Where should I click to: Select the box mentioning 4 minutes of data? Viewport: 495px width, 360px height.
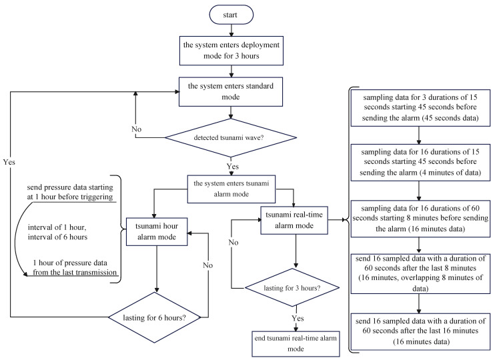(x=418, y=161)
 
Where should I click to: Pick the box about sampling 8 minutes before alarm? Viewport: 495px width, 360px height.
(x=418, y=218)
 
